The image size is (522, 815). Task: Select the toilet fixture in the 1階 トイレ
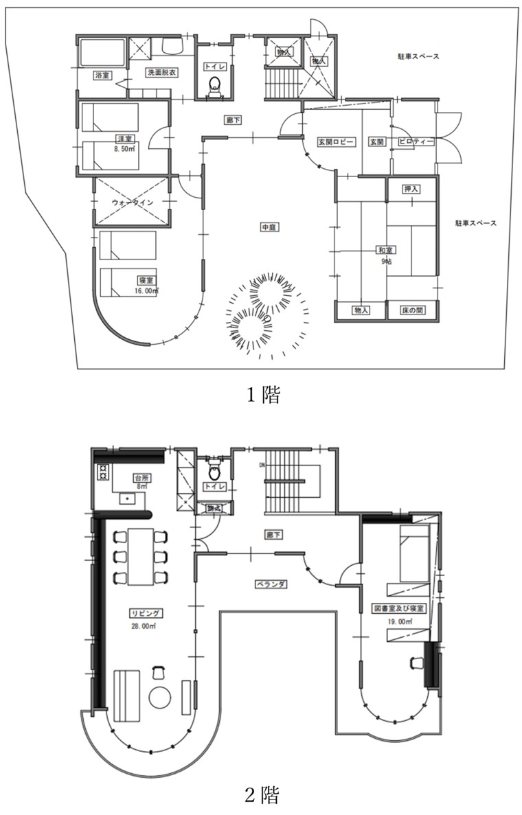[x=214, y=86]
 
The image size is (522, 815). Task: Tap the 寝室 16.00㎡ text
[x=146, y=285]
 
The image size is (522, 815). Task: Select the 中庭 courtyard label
[x=269, y=226]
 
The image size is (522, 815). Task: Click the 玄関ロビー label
[x=334, y=141]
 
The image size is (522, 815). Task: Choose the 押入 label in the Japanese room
[x=411, y=189]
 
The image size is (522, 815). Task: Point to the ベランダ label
[x=269, y=583]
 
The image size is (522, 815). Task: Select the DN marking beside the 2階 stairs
[x=262, y=464]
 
